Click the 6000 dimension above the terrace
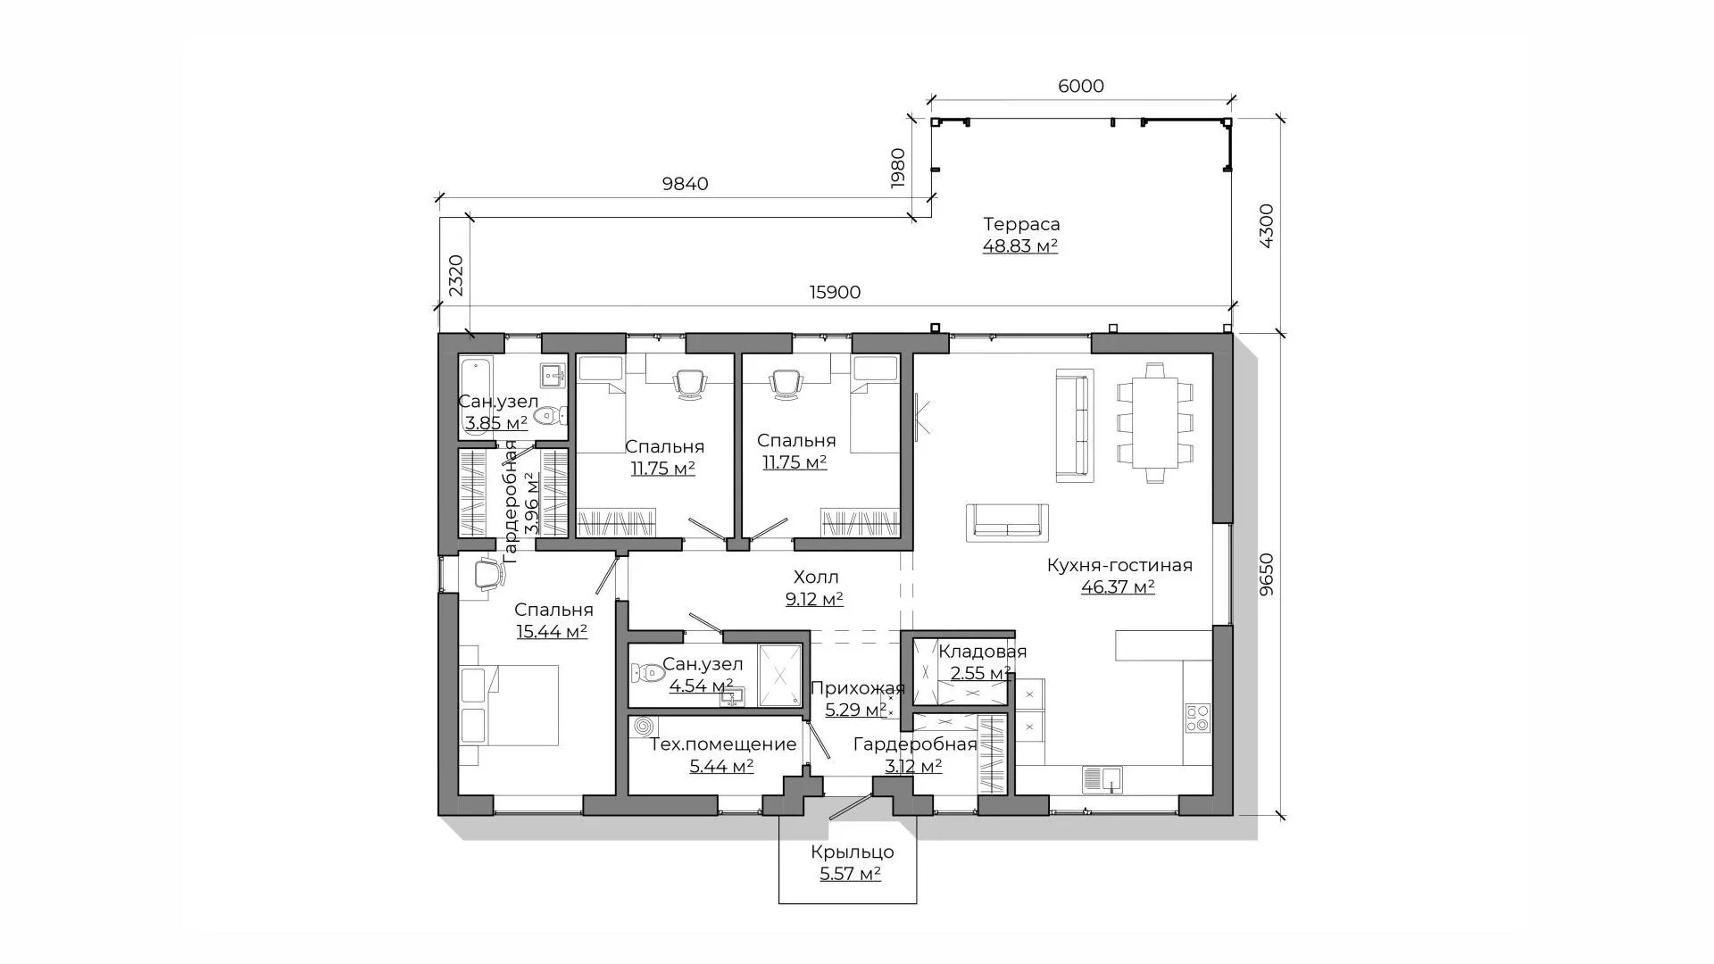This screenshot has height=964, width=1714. [1080, 86]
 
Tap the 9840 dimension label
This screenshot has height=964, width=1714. [685, 184]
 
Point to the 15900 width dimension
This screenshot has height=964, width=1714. [835, 293]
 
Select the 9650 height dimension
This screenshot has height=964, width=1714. [1266, 576]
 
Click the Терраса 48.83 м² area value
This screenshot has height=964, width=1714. [1020, 245]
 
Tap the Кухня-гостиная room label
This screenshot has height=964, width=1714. [1119, 565]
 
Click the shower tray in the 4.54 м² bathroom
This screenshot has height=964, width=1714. [780, 675]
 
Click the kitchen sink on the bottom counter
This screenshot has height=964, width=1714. [1103, 779]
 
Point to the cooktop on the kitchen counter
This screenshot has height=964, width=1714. [1197, 719]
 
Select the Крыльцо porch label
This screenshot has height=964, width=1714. [853, 852]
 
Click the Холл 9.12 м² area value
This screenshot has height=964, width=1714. [814, 600]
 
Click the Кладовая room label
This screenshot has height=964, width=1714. [982, 652]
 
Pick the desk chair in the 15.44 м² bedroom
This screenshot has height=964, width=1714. [487, 573]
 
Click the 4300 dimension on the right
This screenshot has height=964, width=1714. [1266, 226]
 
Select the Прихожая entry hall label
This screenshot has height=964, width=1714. [858, 688]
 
